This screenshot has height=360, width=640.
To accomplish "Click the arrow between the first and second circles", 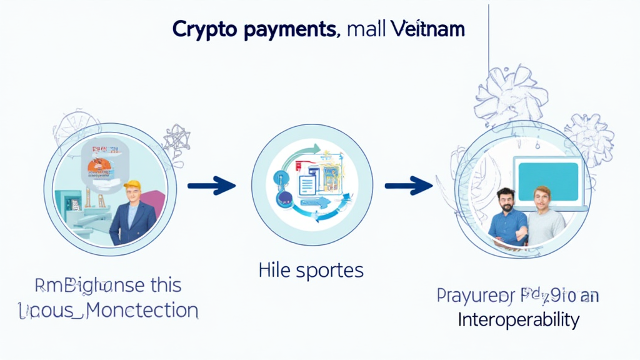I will [211, 185].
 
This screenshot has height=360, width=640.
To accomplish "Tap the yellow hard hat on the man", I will [132, 184].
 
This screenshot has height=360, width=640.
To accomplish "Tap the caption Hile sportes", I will [311, 271].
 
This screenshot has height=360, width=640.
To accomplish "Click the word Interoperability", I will [518, 319].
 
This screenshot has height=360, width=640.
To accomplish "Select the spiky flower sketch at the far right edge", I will [591, 139].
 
